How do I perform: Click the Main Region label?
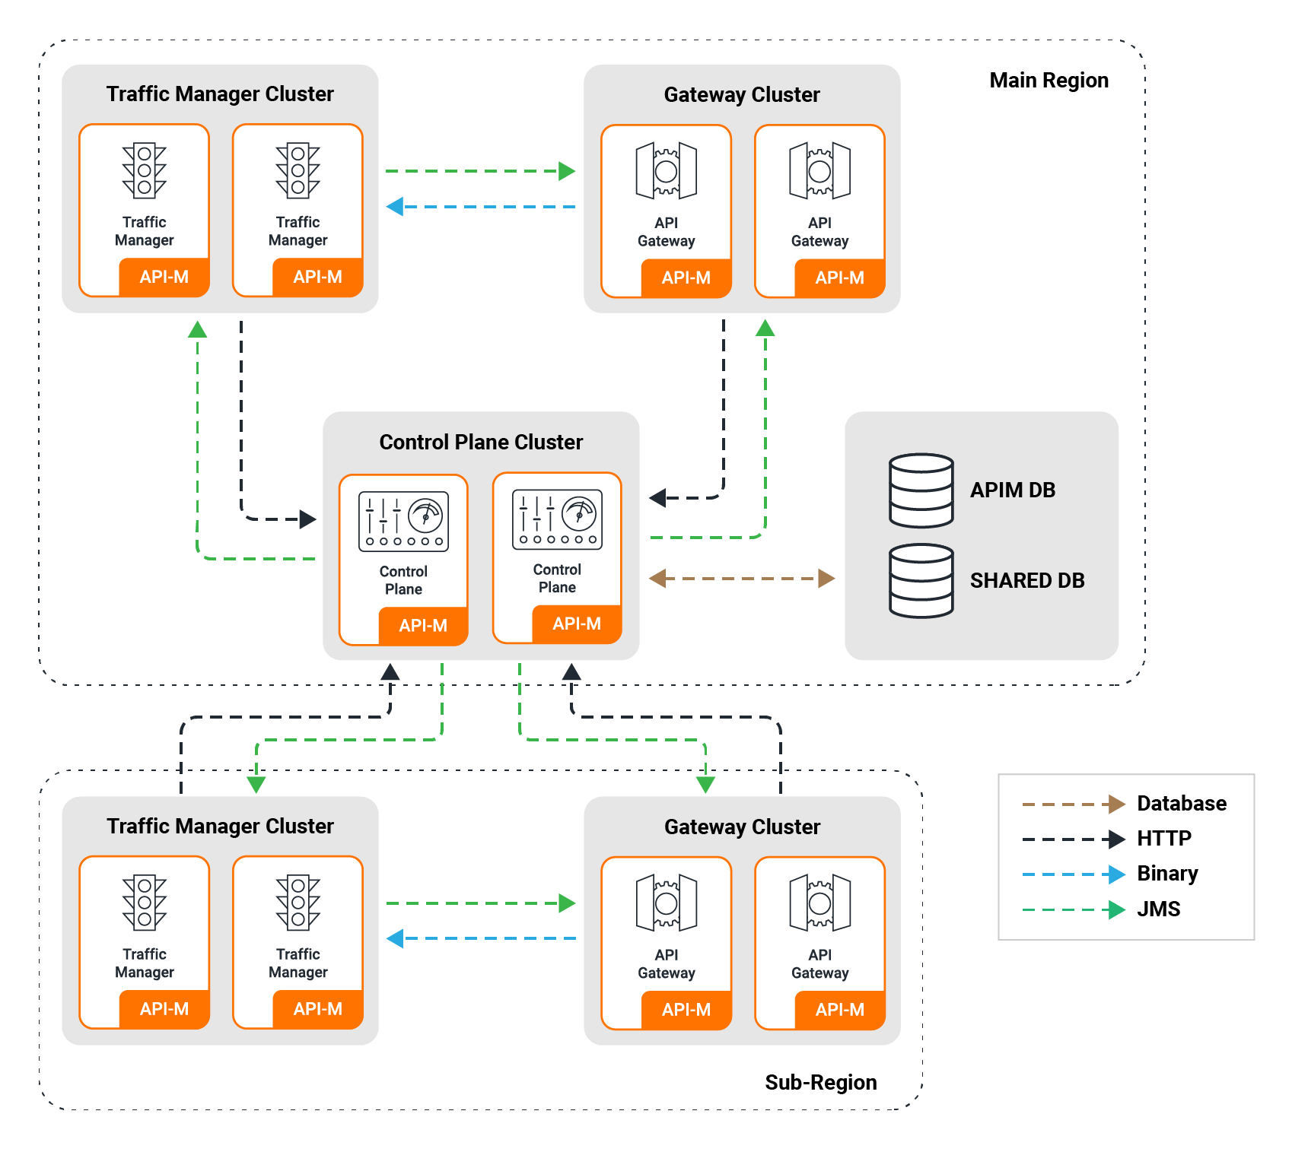tap(1049, 81)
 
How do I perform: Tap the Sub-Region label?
tap(820, 1082)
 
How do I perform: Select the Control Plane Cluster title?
tap(481, 442)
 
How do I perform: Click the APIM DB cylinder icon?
tap(921, 490)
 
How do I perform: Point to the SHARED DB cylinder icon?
tap(921, 580)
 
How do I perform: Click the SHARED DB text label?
tap(1027, 580)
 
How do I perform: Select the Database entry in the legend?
tap(1181, 803)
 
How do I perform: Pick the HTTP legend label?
tap(1163, 838)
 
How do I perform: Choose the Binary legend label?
tap(1167, 874)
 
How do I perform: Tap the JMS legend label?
tap(1158, 909)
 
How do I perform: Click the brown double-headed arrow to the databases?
tap(742, 579)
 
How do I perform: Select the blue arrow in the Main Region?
tap(481, 206)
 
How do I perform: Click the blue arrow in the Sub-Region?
tap(481, 938)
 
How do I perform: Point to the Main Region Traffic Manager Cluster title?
tap(220, 94)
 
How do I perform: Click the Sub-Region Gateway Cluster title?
tap(742, 827)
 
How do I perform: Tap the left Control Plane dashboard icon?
tap(403, 521)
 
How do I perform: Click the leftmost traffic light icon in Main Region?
tap(145, 170)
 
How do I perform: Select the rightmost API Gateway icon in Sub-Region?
tap(819, 903)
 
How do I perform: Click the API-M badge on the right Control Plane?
tap(577, 624)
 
